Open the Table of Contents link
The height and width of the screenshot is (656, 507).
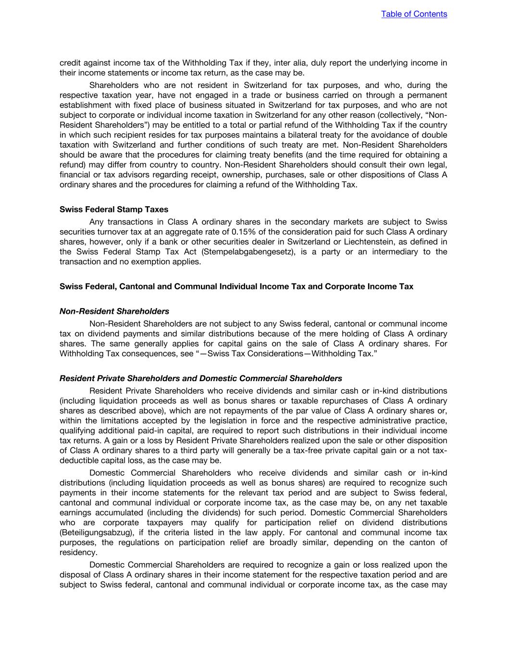(414, 14)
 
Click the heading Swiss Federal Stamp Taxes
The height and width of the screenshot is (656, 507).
(114, 210)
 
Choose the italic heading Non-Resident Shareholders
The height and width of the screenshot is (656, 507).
(114, 311)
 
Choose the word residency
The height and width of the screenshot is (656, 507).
(77, 553)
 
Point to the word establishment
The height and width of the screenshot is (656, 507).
(85, 105)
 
